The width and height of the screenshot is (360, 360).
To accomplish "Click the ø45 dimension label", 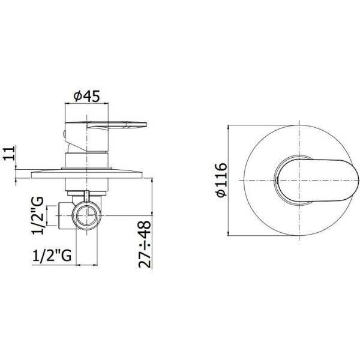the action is click(86, 97).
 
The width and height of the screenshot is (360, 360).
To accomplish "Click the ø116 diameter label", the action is click(221, 180).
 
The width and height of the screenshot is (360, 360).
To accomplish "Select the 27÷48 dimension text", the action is click(145, 244).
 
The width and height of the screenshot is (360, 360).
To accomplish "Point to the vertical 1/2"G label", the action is click(37, 215).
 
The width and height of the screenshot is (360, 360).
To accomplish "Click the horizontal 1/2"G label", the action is click(52, 256).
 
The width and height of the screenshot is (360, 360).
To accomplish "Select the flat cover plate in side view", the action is click(86, 174).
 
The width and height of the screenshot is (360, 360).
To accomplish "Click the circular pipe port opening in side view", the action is click(86, 215).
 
